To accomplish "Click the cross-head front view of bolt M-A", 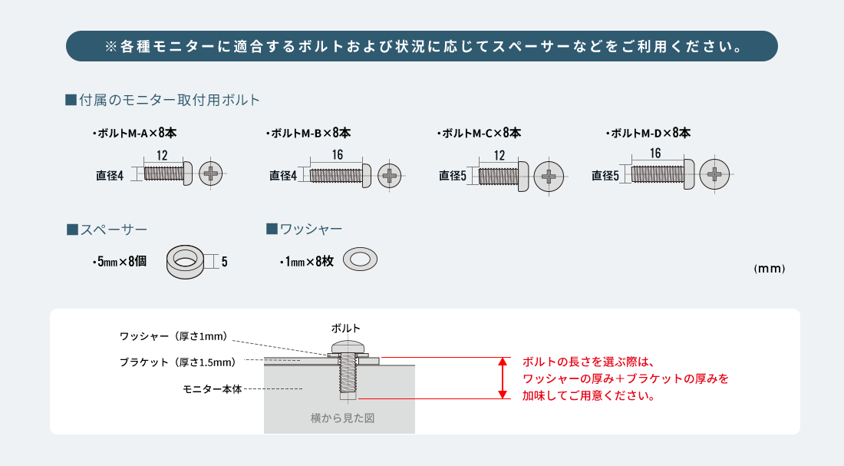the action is click(210, 174).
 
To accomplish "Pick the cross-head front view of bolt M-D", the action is click(714, 174).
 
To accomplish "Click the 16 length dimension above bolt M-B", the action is click(338, 155).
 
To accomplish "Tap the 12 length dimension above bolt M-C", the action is click(499, 156).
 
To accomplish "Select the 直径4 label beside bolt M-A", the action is click(110, 176).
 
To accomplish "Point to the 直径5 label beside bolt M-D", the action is click(605, 176).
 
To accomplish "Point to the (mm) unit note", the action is click(769, 268).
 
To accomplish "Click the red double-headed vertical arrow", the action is click(503, 378).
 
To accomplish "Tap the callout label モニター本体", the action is click(213, 389).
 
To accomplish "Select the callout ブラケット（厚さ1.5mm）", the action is click(178, 362).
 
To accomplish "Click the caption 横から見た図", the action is click(342, 418).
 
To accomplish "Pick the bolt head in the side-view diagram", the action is click(348, 346).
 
